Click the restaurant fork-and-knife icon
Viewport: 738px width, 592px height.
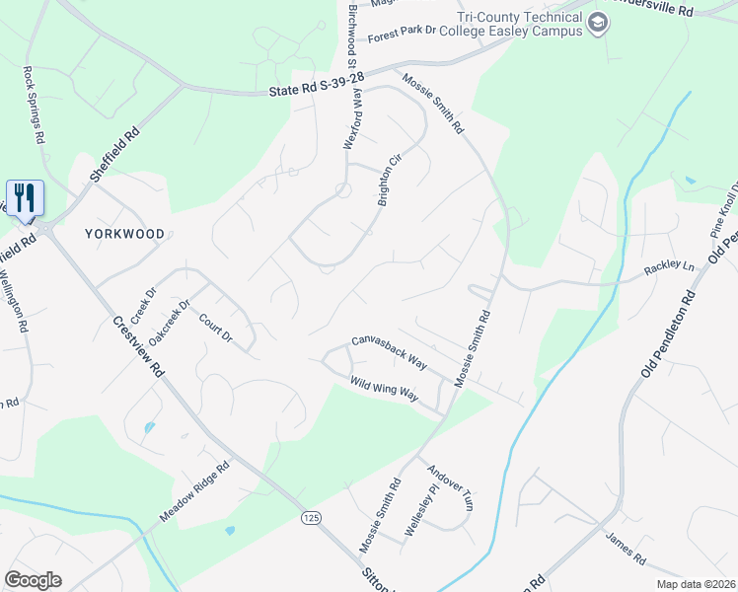point(24,196)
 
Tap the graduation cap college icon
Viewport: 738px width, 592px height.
point(597,24)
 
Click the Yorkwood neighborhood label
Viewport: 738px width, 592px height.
point(124,235)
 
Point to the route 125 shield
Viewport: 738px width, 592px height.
point(310,516)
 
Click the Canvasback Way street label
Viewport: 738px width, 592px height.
point(390,352)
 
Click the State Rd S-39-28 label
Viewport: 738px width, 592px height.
point(317,85)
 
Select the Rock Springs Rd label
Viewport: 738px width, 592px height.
point(34,106)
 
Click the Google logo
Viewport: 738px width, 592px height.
point(33,580)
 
